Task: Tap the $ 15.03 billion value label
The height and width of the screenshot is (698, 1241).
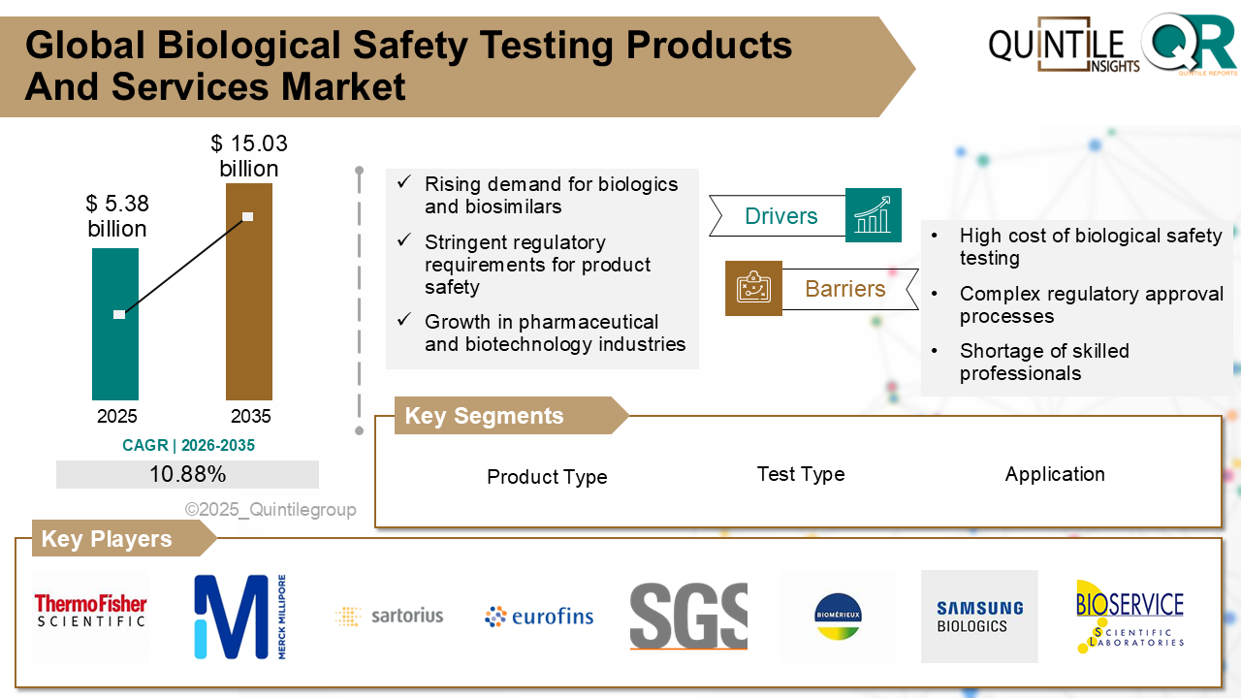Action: [x=249, y=156]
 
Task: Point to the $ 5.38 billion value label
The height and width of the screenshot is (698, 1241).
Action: [x=117, y=216]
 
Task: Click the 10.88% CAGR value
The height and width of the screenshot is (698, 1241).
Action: [x=187, y=474]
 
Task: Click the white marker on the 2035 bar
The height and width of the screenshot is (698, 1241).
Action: [x=248, y=216]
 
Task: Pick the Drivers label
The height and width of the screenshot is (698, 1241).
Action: [x=780, y=216]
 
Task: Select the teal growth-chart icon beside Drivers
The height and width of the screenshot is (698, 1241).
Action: [x=873, y=215]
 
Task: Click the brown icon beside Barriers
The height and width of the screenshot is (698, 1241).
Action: [x=753, y=288]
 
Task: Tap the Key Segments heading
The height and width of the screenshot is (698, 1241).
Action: [x=484, y=416]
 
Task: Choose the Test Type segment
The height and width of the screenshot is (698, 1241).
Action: [x=801, y=474]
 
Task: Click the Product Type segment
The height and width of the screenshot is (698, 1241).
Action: [x=547, y=477]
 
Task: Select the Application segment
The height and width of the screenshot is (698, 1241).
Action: [x=1055, y=474]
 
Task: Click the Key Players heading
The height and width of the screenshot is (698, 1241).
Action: [x=107, y=539]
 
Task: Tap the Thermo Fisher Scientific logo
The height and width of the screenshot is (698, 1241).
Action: [x=90, y=611]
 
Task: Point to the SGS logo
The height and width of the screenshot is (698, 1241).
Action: [x=688, y=616]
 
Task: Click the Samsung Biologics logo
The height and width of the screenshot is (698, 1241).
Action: [x=979, y=617]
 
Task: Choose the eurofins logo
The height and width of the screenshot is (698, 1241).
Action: [x=539, y=616]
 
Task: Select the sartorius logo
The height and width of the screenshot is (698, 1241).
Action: [x=389, y=616]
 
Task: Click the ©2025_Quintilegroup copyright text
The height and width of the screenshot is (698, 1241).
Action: [x=270, y=510]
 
